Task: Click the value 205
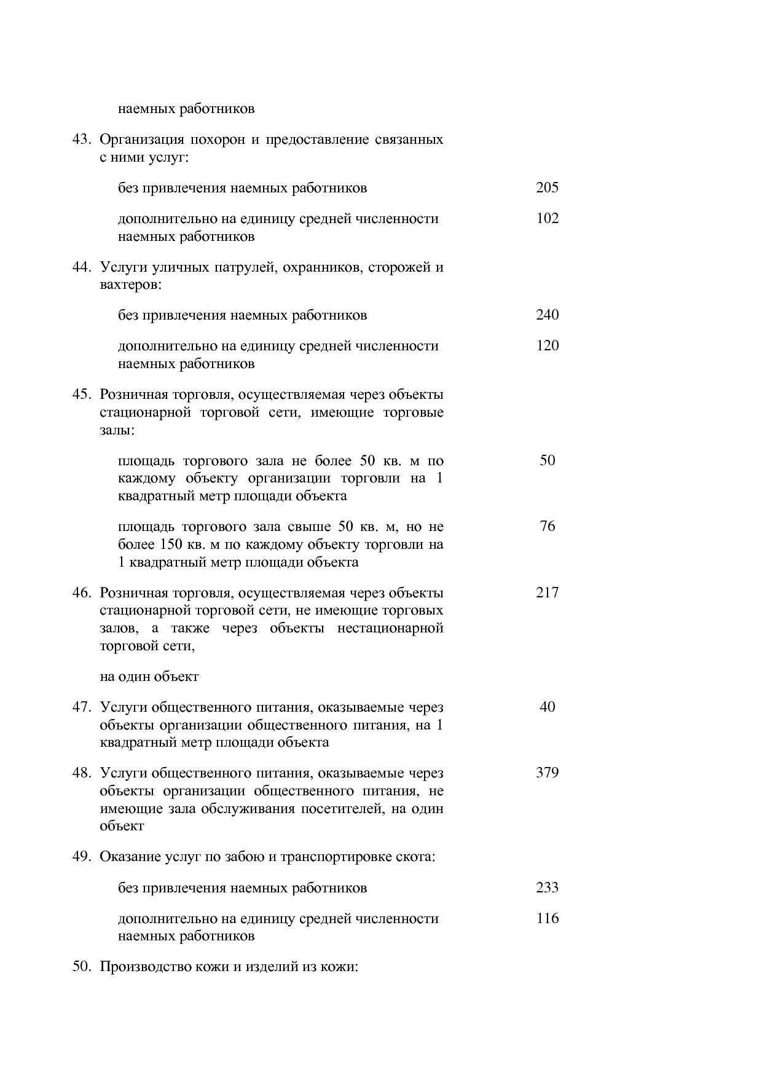(x=547, y=188)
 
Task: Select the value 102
(x=547, y=219)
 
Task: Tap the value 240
(x=547, y=315)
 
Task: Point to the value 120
(x=547, y=346)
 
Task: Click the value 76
(x=547, y=527)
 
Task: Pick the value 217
(x=547, y=593)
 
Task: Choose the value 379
(x=547, y=773)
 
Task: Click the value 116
(x=547, y=919)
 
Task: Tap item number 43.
(x=82, y=140)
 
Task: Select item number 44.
(x=82, y=267)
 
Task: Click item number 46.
(x=82, y=593)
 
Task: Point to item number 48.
(x=82, y=773)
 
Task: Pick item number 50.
(x=82, y=967)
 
